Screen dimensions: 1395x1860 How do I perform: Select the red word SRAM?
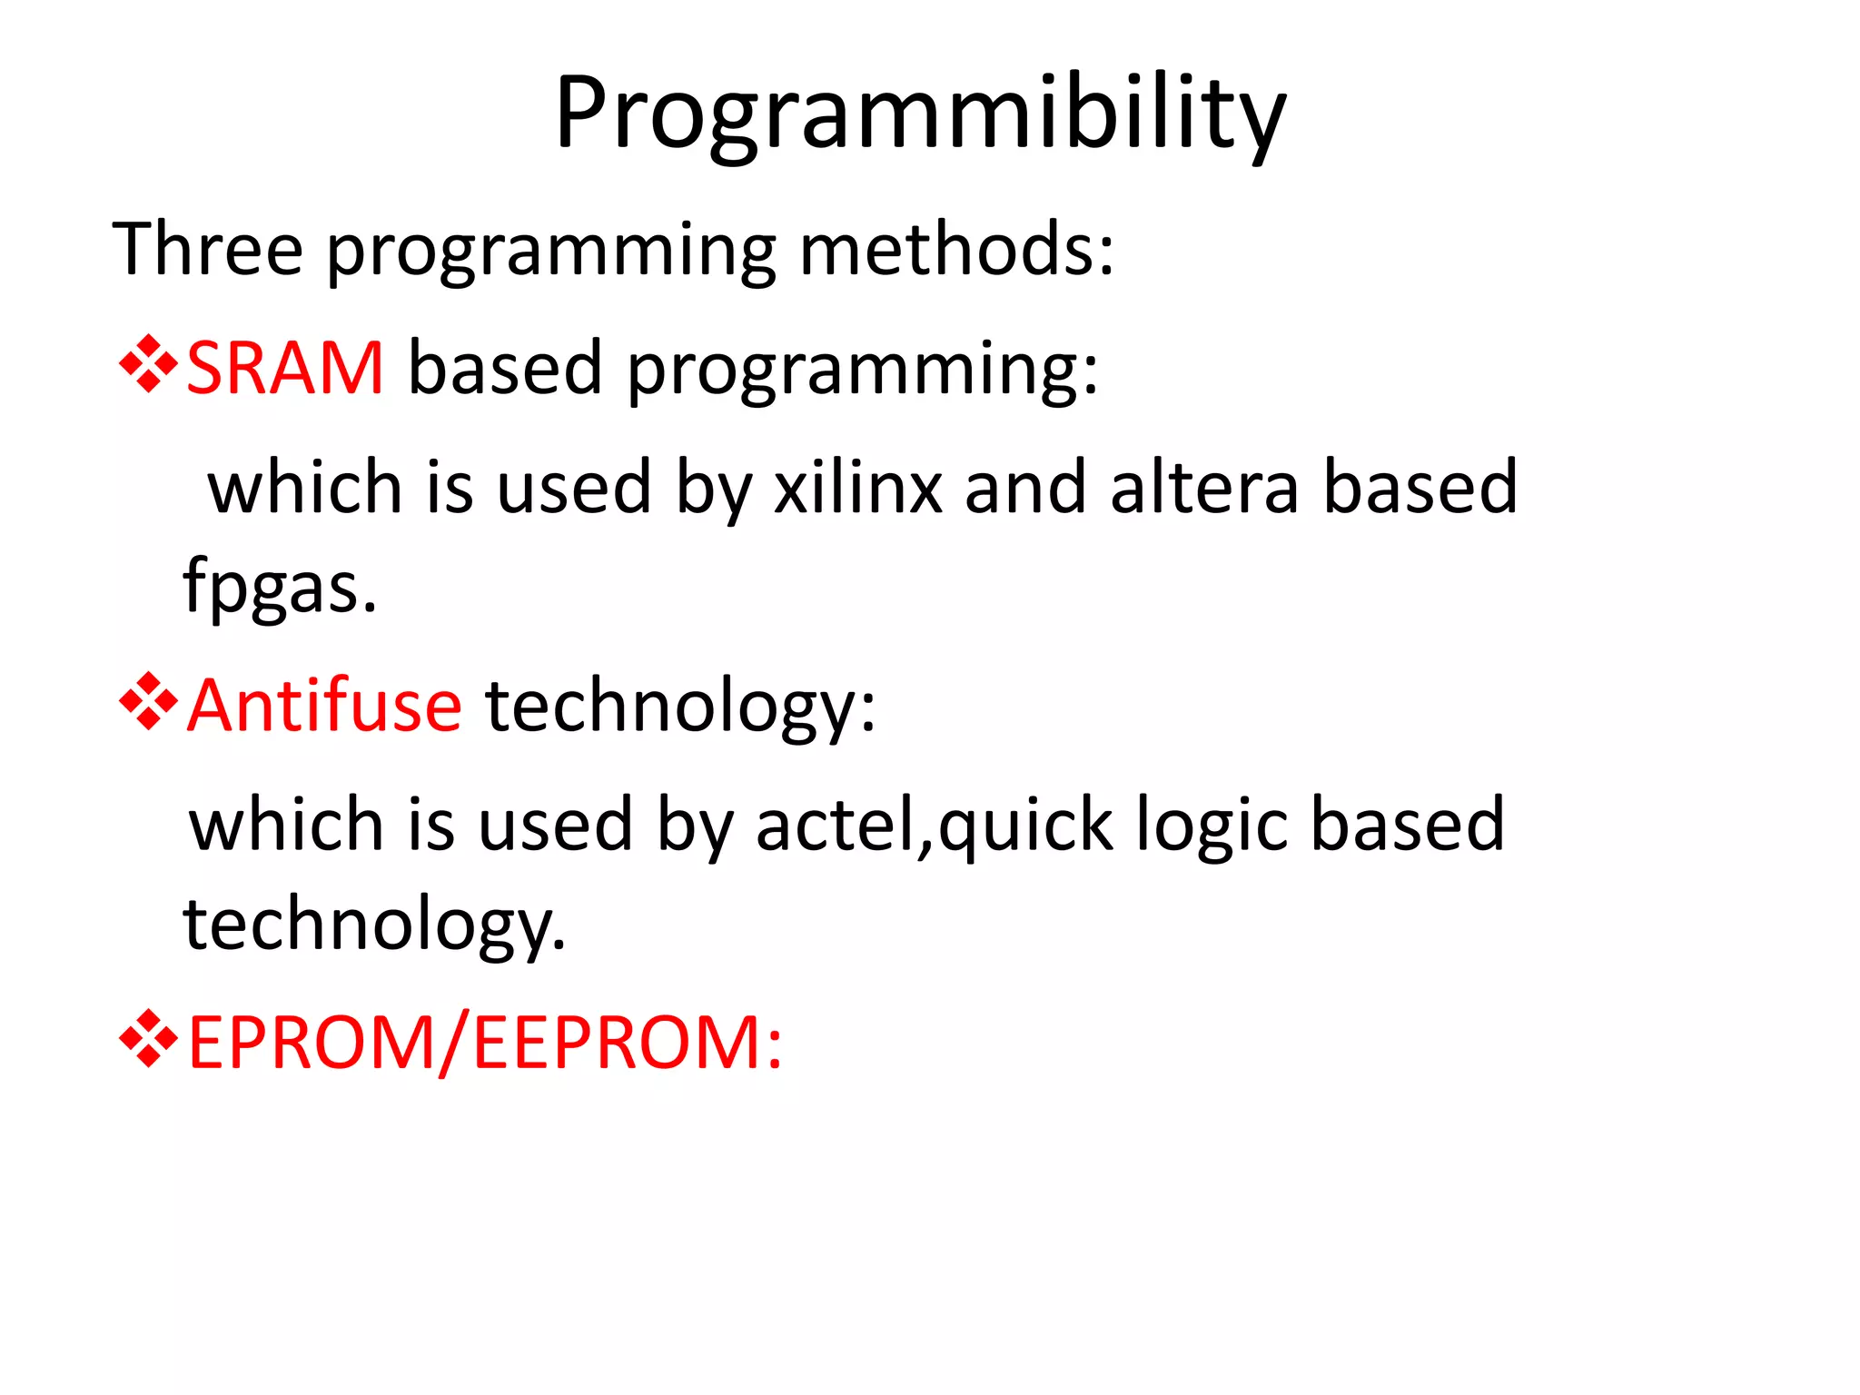pos(285,367)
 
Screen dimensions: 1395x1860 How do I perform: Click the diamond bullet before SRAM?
pos(148,364)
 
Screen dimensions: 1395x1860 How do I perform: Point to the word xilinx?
pos(857,487)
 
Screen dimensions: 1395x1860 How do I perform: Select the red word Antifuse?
pos(324,705)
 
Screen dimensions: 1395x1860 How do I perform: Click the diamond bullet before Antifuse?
pos(148,702)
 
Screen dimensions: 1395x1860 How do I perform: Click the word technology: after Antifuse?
pos(681,705)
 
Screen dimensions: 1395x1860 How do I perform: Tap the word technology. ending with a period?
pos(374,924)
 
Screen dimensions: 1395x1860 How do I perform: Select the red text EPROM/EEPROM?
pos(485,1043)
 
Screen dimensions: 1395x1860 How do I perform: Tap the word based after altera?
pos(1420,487)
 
